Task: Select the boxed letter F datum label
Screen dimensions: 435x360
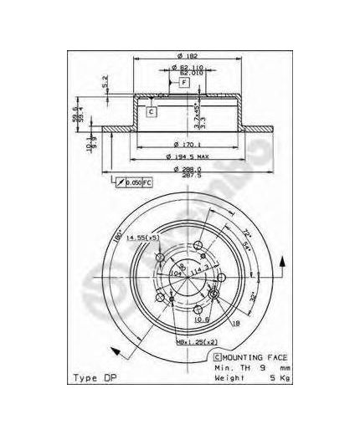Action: tap(183, 82)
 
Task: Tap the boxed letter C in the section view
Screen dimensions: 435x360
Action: tap(152, 110)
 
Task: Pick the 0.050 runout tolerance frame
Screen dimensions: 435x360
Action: tap(134, 182)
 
